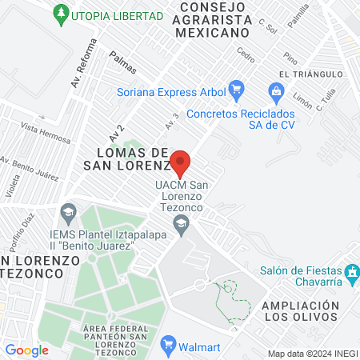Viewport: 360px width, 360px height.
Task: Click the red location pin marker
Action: pos(181,162)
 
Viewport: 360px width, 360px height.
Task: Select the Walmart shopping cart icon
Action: pos(168,346)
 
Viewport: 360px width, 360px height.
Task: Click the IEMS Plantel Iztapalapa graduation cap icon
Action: pos(68,212)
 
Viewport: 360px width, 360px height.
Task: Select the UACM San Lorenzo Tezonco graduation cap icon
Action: pos(186,231)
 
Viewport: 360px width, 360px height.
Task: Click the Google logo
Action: pos(26,350)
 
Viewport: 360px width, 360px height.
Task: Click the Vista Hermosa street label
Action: pos(46,133)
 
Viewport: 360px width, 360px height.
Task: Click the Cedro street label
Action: pos(246,55)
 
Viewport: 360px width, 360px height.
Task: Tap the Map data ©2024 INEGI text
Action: pos(312,354)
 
